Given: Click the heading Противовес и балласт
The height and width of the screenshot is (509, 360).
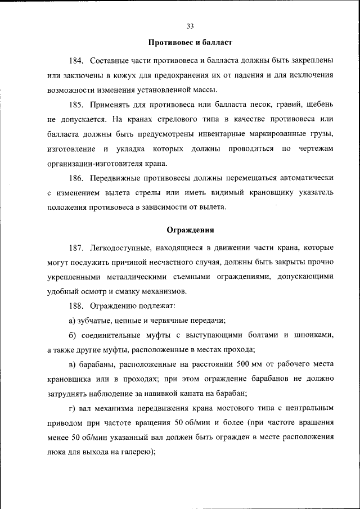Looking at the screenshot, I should (190, 43).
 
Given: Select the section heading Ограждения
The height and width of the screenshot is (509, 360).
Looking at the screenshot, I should (190, 230).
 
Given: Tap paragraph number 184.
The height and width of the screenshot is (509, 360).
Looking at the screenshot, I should (76, 60).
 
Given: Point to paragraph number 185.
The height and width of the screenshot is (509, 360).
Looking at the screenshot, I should (76, 105).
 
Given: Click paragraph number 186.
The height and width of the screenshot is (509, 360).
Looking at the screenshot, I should (76, 178).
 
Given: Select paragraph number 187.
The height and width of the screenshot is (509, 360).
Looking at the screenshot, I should (76, 247).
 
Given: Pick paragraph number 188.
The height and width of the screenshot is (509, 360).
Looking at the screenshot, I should (76, 306).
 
